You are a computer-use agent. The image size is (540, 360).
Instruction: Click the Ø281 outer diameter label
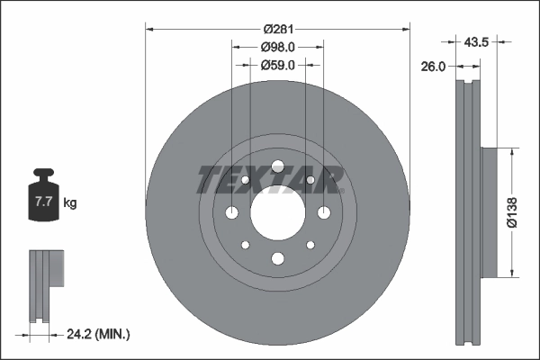click(277, 29)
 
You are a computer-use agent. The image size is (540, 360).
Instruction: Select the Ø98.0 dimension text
click(277, 47)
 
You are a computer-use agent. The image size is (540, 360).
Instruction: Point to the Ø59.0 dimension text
click(277, 65)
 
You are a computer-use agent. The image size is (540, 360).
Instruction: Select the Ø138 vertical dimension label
click(511, 212)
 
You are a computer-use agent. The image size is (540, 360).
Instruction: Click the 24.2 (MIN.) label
click(100, 334)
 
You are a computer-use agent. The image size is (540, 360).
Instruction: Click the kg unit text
click(70, 203)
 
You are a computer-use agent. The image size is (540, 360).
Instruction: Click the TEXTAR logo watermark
click(271, 180)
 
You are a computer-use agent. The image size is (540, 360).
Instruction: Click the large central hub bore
click(277, 212)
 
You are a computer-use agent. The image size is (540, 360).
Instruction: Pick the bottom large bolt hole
click(277, 259)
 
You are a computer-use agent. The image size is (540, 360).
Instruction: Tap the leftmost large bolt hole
click(232, 212)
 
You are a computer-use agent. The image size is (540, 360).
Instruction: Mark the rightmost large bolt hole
click(323, 212)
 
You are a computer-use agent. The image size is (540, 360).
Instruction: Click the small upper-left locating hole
click(245, 180)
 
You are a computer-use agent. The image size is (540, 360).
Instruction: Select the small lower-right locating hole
click(310, 245)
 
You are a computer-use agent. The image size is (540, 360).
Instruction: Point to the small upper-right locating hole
click(310, 180)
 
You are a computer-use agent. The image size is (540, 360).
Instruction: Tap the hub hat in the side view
click(488, 212)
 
